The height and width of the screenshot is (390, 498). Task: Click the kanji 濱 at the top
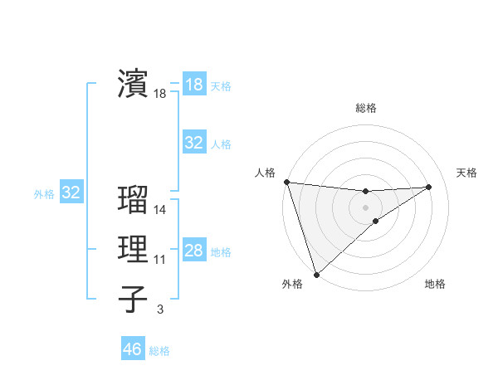pyautogui.click(x=132, y=83)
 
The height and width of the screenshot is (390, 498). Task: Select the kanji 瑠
pyautogui.click(x=132, y=200)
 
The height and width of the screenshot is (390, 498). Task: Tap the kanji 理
pyautogui.click(x=132, y=249)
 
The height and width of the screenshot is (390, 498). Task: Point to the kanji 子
pyautogui.click(x=132, y=299)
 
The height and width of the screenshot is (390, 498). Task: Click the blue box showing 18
pyautogui.click(x=193, y=85)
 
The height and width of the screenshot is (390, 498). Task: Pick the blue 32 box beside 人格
pyautogui.click(x=193, y=143)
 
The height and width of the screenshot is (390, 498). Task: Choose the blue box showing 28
pyautogui.click(x=193, y=251)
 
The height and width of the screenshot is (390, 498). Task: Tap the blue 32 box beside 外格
pyautogui.click(x=71, y=193)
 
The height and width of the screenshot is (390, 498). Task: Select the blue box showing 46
pyautogui.click(x=132, y=349)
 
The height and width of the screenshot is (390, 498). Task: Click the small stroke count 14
pyautogui.click(x=160, y=211)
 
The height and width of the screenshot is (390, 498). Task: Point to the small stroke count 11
pyautogui.click(x=160, y=260)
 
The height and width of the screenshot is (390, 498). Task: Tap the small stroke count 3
pyautogui.click(x=160, y=310)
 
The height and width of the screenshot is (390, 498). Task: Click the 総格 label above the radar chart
pyautogui.click(x=365, y=108)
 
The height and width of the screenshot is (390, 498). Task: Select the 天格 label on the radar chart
pyautogui.click(x=466, y=173)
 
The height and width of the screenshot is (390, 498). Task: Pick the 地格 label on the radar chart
pyautogui.click(x=435, y=284)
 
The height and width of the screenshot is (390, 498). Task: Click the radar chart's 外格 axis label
pyautogui.click(x=292, y=284)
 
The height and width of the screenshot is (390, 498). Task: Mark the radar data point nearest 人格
pyautogui.click(x=286, y=182)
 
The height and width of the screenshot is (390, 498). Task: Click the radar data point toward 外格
pyautogui.click(x=316, y=274)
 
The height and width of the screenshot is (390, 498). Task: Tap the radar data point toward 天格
pyautogui.click(x=429, y=187)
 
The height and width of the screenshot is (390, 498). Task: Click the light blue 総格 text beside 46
pyautogui.click(x=159, y=351)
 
